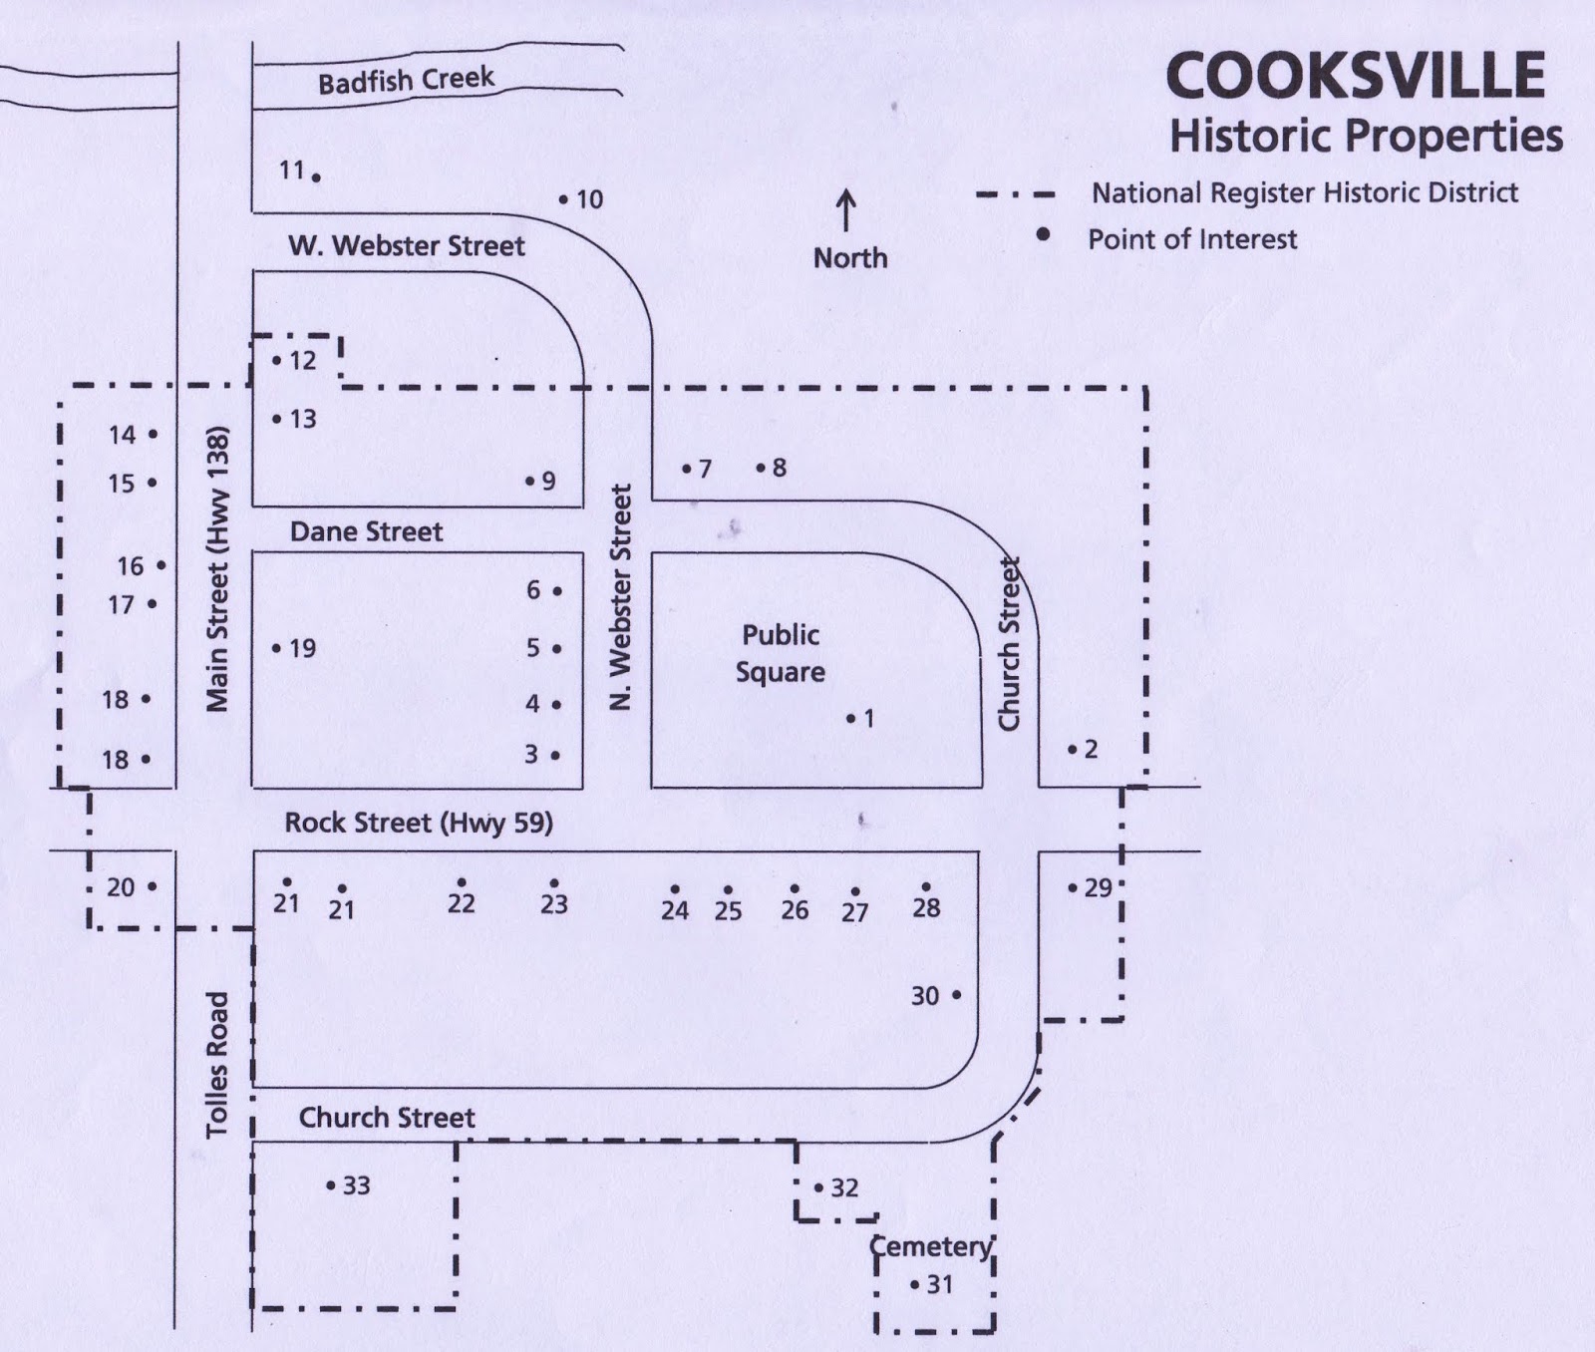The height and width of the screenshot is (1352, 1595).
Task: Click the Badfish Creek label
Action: click(406, 80)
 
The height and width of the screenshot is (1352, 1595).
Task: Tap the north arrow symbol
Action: click(846, 211)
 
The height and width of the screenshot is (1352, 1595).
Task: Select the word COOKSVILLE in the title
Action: click(1355, 76)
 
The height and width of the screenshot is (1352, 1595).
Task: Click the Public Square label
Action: click(781, 653)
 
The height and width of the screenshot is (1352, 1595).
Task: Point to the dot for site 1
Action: click(851, 718)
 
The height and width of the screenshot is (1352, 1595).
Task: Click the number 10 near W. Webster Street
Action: click(590, 199)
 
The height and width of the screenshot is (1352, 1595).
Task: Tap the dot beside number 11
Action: click(316, 177)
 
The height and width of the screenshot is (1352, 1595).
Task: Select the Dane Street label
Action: click(366, 531)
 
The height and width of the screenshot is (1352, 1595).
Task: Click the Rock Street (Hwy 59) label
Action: click(419, 823)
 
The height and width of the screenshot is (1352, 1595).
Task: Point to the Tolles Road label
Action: click(217, 1063)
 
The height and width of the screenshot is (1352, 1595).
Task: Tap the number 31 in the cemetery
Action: click(940, 1284)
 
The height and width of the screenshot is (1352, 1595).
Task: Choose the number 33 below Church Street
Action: click(357, 1185)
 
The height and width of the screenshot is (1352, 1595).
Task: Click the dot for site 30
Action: click(956, 994)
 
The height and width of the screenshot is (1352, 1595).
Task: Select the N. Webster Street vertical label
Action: click(621, 596)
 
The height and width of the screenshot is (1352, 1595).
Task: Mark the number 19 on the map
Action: click(302, 648)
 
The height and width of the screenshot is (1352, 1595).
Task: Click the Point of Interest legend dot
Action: click(1044, 234)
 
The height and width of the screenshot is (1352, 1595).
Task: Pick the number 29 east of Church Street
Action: click(1098, 887)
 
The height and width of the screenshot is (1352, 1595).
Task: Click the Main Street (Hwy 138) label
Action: click(218, 569)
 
